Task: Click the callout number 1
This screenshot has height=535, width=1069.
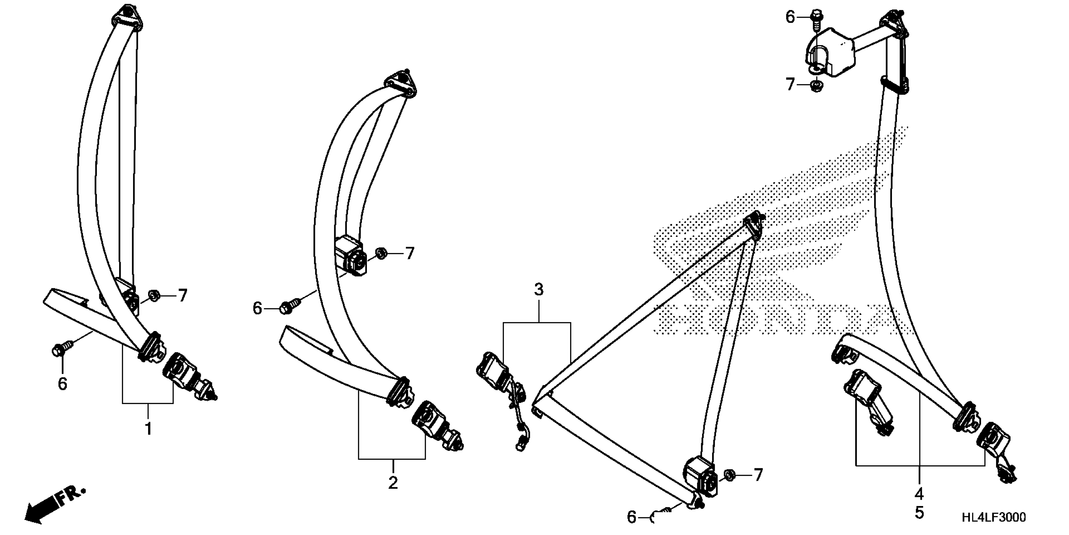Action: point(148,429)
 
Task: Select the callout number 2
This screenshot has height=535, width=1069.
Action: point(393,482)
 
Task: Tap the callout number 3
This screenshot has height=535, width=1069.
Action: point(538,290)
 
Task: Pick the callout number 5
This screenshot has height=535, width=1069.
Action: point(919,513)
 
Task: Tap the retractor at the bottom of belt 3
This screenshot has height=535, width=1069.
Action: point(701,476)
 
